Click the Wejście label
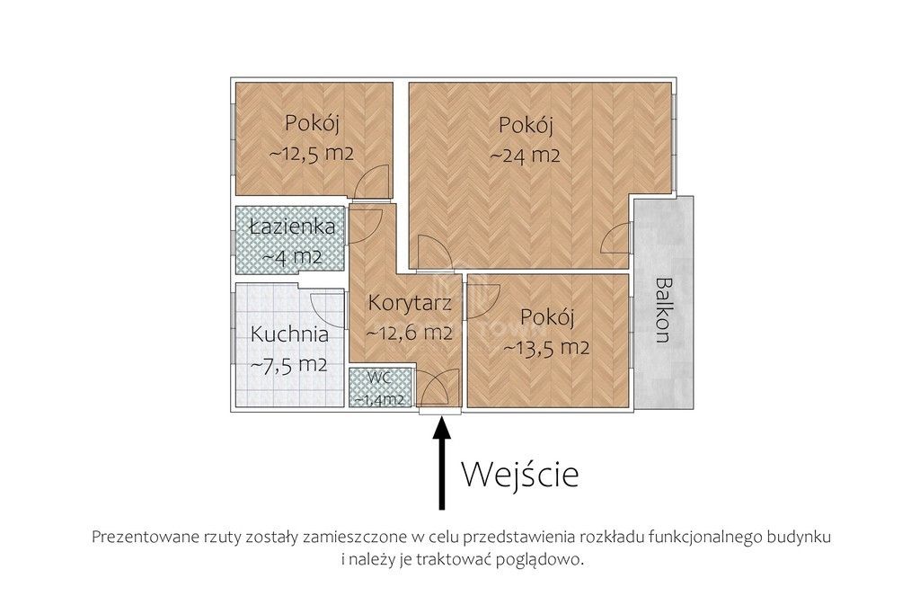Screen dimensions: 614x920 click(x=520, y=474)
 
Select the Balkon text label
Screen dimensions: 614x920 click(x=663, y=310)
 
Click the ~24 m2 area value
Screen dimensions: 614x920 click(x=526, y=155)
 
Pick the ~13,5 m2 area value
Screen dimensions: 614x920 click(x=546, y=348)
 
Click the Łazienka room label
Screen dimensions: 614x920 click(x=293, y=227)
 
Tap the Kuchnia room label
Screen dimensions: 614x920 click(x=288, y=334)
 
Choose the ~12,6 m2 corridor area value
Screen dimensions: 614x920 click(x=409, y=333)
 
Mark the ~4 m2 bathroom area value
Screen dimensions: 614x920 click(x=292, y=256)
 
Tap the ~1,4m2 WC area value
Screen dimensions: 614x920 click(x=381, y=398)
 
